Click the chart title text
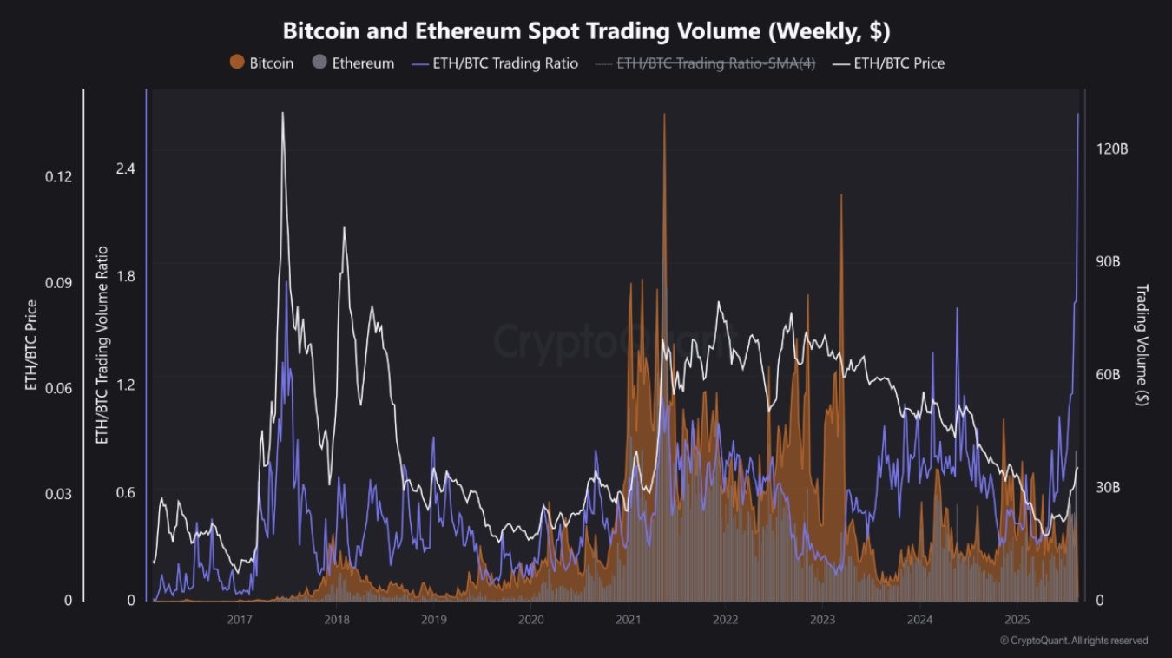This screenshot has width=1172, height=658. [586, 30]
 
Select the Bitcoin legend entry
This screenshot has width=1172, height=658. [261, 63]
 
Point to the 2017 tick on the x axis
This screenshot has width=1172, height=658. [240, 620]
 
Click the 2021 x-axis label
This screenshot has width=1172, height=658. [628, 620]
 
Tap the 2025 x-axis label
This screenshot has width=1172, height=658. [1017, 620]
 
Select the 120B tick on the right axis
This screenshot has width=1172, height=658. [1111, 149]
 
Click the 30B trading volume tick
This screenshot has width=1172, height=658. [1108, 488]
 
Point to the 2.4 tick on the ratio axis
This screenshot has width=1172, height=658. [125, 168]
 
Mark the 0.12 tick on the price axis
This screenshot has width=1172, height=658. [59, 177]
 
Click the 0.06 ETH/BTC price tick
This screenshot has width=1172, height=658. [59, 388]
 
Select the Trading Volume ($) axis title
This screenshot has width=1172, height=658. [1142, 345]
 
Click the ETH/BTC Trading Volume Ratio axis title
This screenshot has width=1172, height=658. [102, 345]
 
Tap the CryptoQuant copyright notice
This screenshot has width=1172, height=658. [1073, 641]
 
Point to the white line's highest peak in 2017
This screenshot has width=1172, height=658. [282, 113]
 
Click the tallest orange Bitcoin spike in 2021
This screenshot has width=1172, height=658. [664, 115]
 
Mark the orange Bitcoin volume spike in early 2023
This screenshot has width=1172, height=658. [841, 195]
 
